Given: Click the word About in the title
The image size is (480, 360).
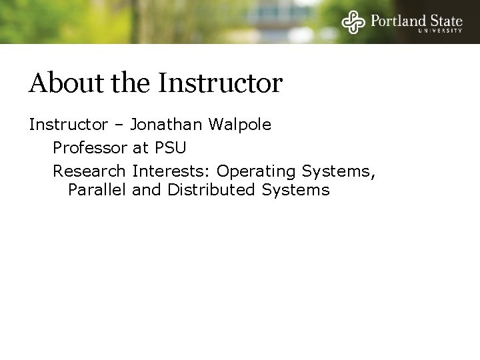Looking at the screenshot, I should (x=61, y=83).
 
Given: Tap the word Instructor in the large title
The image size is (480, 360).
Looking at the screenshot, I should (x=221, y=83).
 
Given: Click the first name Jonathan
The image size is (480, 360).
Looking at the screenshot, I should (x=167, y=125).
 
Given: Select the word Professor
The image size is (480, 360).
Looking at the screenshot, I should (x=89, y=147).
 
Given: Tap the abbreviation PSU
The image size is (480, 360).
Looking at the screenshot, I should (x=170, y=147).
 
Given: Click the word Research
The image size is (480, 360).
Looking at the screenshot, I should (x=89, y=171).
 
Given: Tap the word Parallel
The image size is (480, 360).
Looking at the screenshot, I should (x=97, y=190).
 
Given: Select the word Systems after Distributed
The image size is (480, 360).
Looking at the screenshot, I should (x=295, y=190).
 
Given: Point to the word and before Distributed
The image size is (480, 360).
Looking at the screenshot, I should (x=147, y=190).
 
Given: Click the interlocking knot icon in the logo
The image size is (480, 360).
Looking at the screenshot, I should (x=353, y=22).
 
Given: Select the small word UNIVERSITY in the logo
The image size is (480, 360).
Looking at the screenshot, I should (x=440, y=31).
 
